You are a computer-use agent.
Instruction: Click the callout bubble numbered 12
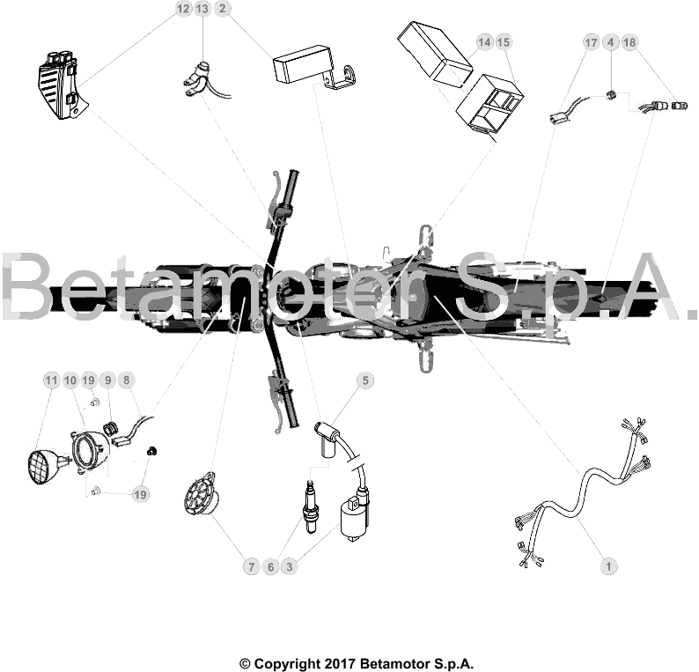pos(183,9)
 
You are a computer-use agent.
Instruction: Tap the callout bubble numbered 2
pos(223,9)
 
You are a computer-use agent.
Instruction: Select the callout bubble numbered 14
pos(484,42)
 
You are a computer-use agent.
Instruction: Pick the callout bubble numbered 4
pos(610,42)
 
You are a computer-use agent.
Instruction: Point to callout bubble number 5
pos(365,380)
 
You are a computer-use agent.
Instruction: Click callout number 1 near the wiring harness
pos(608,567)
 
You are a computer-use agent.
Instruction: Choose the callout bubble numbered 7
pos(252,567)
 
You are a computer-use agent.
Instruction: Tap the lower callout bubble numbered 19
pos(140,494)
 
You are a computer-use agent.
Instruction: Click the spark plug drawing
pos(310,507)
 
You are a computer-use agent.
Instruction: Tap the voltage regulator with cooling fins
pos(60,85)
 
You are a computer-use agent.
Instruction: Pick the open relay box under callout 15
pos(489,104)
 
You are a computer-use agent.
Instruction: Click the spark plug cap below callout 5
pos(327,439)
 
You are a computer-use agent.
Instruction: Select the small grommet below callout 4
pos(610,94)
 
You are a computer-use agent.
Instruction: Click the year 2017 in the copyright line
pos(339,663)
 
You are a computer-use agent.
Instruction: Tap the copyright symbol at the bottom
pos(246,663)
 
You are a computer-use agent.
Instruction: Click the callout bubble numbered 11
pos(52,380)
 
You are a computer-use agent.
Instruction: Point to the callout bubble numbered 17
pos(591,42)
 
